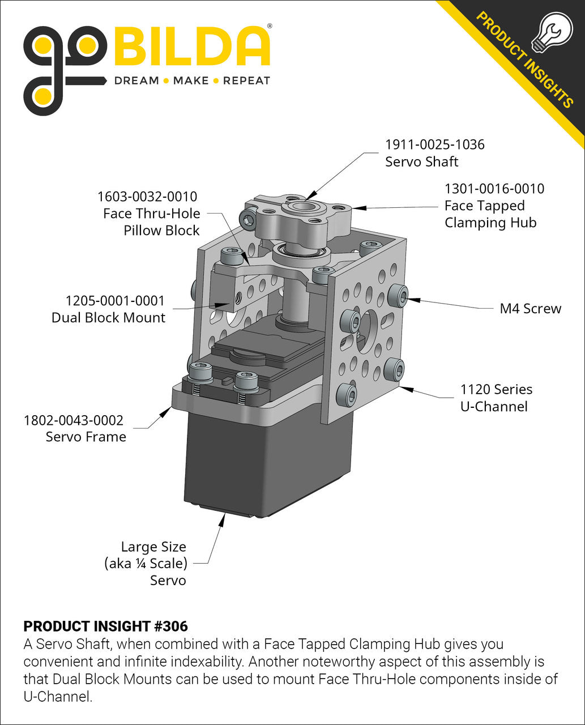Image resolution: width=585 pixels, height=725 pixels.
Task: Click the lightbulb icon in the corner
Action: tap(553, 33)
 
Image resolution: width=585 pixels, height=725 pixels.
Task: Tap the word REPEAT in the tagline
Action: tap(246, 81)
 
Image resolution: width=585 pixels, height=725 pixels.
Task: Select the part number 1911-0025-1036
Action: tap(435, 144)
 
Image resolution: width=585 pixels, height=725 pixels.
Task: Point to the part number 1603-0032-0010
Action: tap(147, 197)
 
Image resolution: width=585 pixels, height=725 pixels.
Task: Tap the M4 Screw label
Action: tap(530, 309)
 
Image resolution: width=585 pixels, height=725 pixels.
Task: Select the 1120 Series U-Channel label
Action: tap(494, 398)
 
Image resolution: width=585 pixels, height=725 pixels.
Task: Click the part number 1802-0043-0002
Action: tap(74, 420)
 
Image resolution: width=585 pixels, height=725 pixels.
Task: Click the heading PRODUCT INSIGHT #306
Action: tap(105, 626)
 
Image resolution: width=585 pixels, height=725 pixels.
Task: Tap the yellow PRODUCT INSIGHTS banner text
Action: tap(524, 59)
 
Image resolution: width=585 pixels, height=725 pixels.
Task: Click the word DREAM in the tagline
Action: tap(136, 81)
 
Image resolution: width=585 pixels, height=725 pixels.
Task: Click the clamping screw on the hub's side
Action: tap(249, 220)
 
